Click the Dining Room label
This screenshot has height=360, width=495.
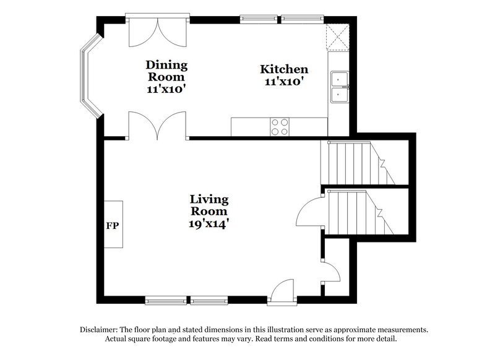click(x=166, y=71)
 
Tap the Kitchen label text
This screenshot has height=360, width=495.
click(x=283, y=69)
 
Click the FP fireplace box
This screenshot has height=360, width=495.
click(x=113, y=225)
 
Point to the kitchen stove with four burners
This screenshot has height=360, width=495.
click(x=280, y=126)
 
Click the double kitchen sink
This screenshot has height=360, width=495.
click(x=338, y=87)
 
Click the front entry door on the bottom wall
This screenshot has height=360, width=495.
click(x=282, y=293)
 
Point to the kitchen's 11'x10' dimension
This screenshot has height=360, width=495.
click(x=283, y=80)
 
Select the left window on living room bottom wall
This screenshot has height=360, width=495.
click(x=166, y=301)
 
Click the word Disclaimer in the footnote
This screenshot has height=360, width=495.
click(x=101, y=330)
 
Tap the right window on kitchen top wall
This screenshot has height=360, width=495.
click(x=302, y=18)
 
